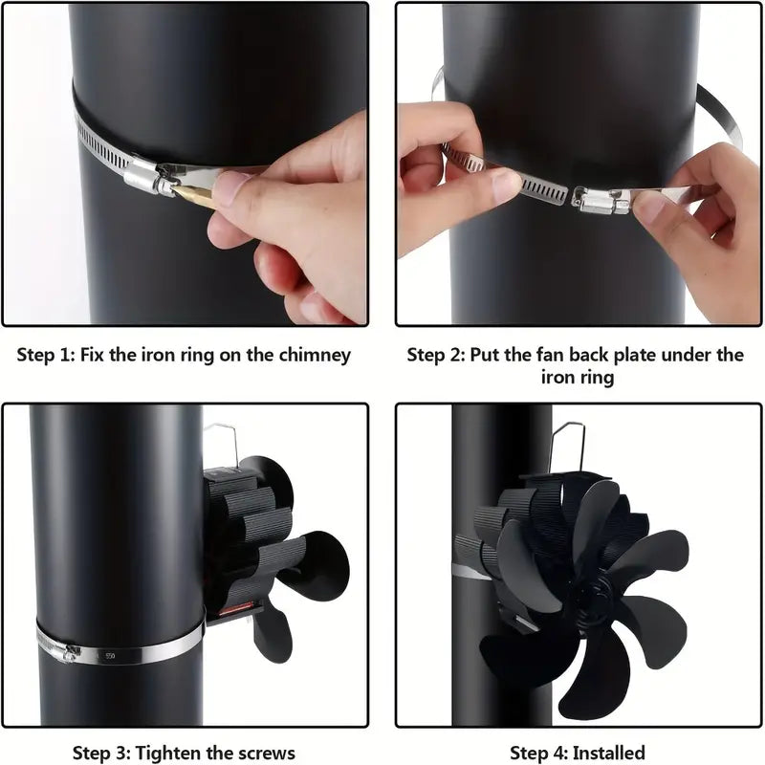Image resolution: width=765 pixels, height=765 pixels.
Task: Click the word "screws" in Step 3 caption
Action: [x=263, y=753]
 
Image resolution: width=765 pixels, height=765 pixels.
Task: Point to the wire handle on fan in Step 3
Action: [x=226, y=442]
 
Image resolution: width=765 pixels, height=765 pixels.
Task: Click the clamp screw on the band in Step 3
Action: [x=68, y=651]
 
